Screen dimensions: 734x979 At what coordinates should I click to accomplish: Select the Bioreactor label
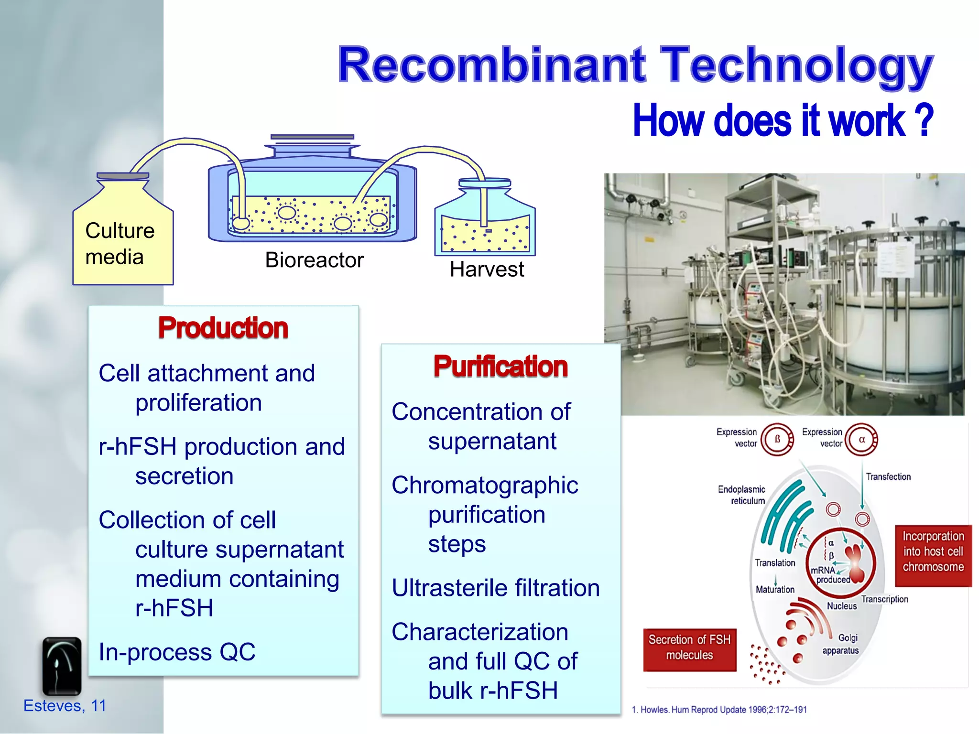coord(314,260)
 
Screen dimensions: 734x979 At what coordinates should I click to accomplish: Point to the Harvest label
coord(487,270)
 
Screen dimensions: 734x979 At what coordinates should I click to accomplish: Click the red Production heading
coord(223,328)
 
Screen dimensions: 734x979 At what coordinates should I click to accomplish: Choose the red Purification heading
coord(500,367)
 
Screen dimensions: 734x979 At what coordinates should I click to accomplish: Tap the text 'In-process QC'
coord(177,652)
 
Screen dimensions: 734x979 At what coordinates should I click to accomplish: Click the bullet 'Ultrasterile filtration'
coord(495,588)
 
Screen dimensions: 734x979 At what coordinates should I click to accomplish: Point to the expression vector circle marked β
coord(777,439)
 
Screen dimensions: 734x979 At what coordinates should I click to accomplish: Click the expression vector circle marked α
coord(862,439)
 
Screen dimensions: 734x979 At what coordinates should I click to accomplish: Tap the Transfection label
coord(888,476)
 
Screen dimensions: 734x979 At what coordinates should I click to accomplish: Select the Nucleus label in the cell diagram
coord(842,606)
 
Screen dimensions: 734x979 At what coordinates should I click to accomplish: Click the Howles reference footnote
coord(719,710)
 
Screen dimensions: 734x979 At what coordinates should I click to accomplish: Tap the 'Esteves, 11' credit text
coord(65,706)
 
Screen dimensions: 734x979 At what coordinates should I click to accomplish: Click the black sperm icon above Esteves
coord(62,666)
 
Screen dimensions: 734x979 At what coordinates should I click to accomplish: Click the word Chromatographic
coord(485,486)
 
